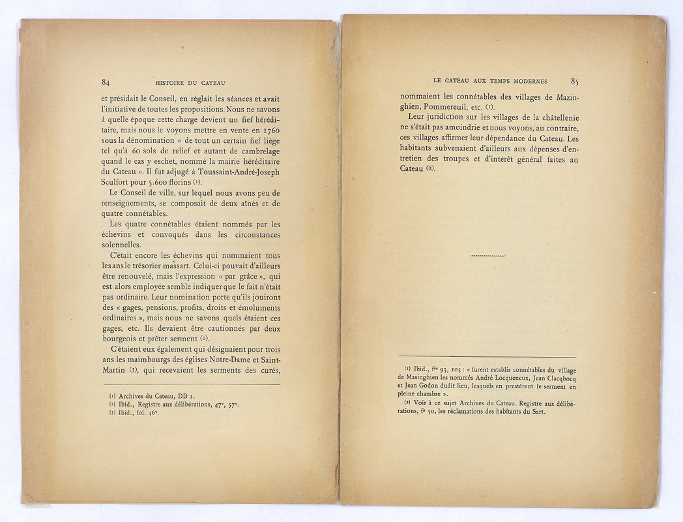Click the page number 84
point(106,82)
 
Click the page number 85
point(574,81)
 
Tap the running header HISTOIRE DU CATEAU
point(190,83)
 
